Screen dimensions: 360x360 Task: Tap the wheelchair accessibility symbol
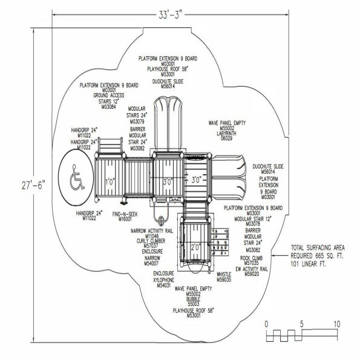(76, 176)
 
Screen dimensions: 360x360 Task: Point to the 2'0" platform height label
(194, 247)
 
